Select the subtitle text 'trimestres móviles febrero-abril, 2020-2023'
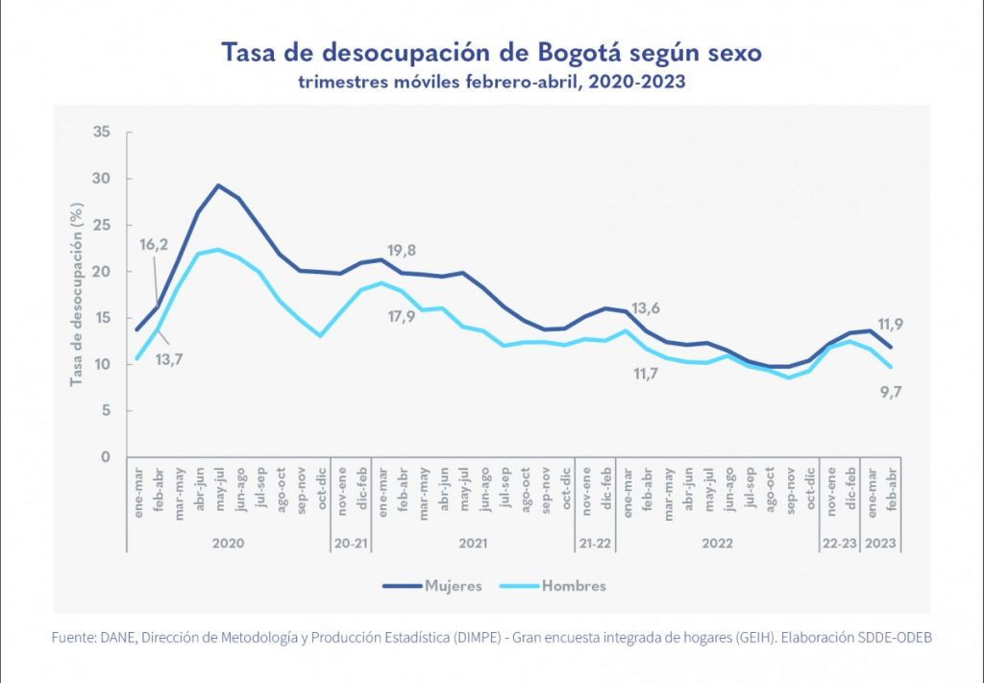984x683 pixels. [491, 83]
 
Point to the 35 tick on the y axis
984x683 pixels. [102, 132]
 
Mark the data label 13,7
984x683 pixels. [170, 359]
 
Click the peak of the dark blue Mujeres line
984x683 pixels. [218, 185]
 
